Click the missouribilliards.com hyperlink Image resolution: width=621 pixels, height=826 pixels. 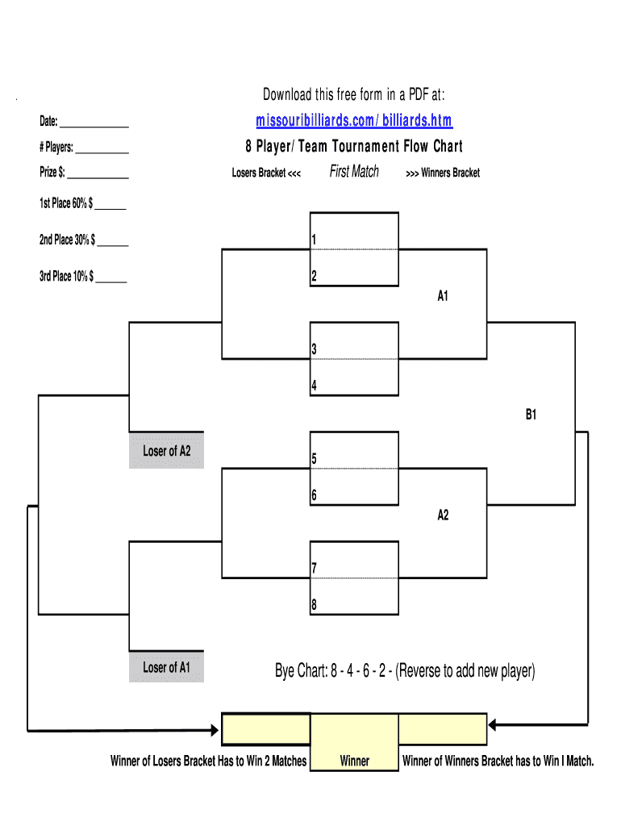(354, 121)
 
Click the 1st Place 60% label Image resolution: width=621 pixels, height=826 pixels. (67, 204)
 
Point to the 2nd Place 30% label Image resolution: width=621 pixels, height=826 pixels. (67, 240)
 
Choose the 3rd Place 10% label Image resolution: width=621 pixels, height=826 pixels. (67, 277)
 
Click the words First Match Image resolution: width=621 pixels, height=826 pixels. (354, 171)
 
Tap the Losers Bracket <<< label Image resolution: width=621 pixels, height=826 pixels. (266, 173)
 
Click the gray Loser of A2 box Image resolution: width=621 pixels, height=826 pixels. (167, 451)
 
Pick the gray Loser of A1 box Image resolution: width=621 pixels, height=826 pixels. (167, 667)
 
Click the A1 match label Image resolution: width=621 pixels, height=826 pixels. (443, 296)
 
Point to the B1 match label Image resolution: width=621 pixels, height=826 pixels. (531, 415)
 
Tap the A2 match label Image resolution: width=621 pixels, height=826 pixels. (443, 515)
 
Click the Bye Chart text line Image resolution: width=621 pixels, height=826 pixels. (405, 671)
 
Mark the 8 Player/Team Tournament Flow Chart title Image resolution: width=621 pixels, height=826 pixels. (354, 146)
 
